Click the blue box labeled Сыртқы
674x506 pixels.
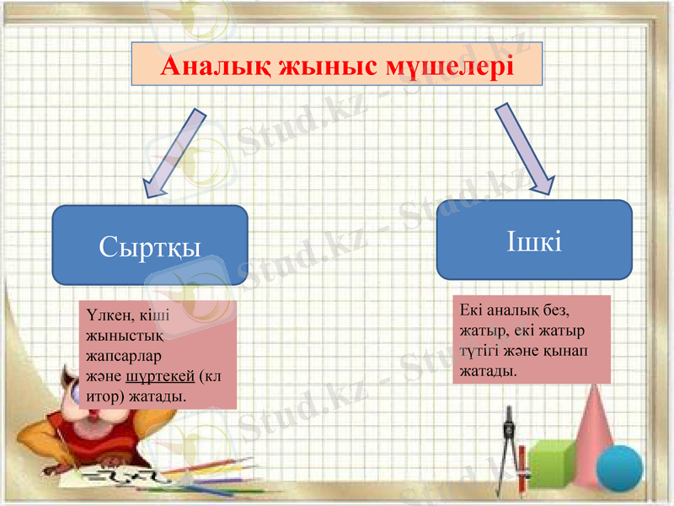150,245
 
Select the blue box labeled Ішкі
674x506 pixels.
534,240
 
